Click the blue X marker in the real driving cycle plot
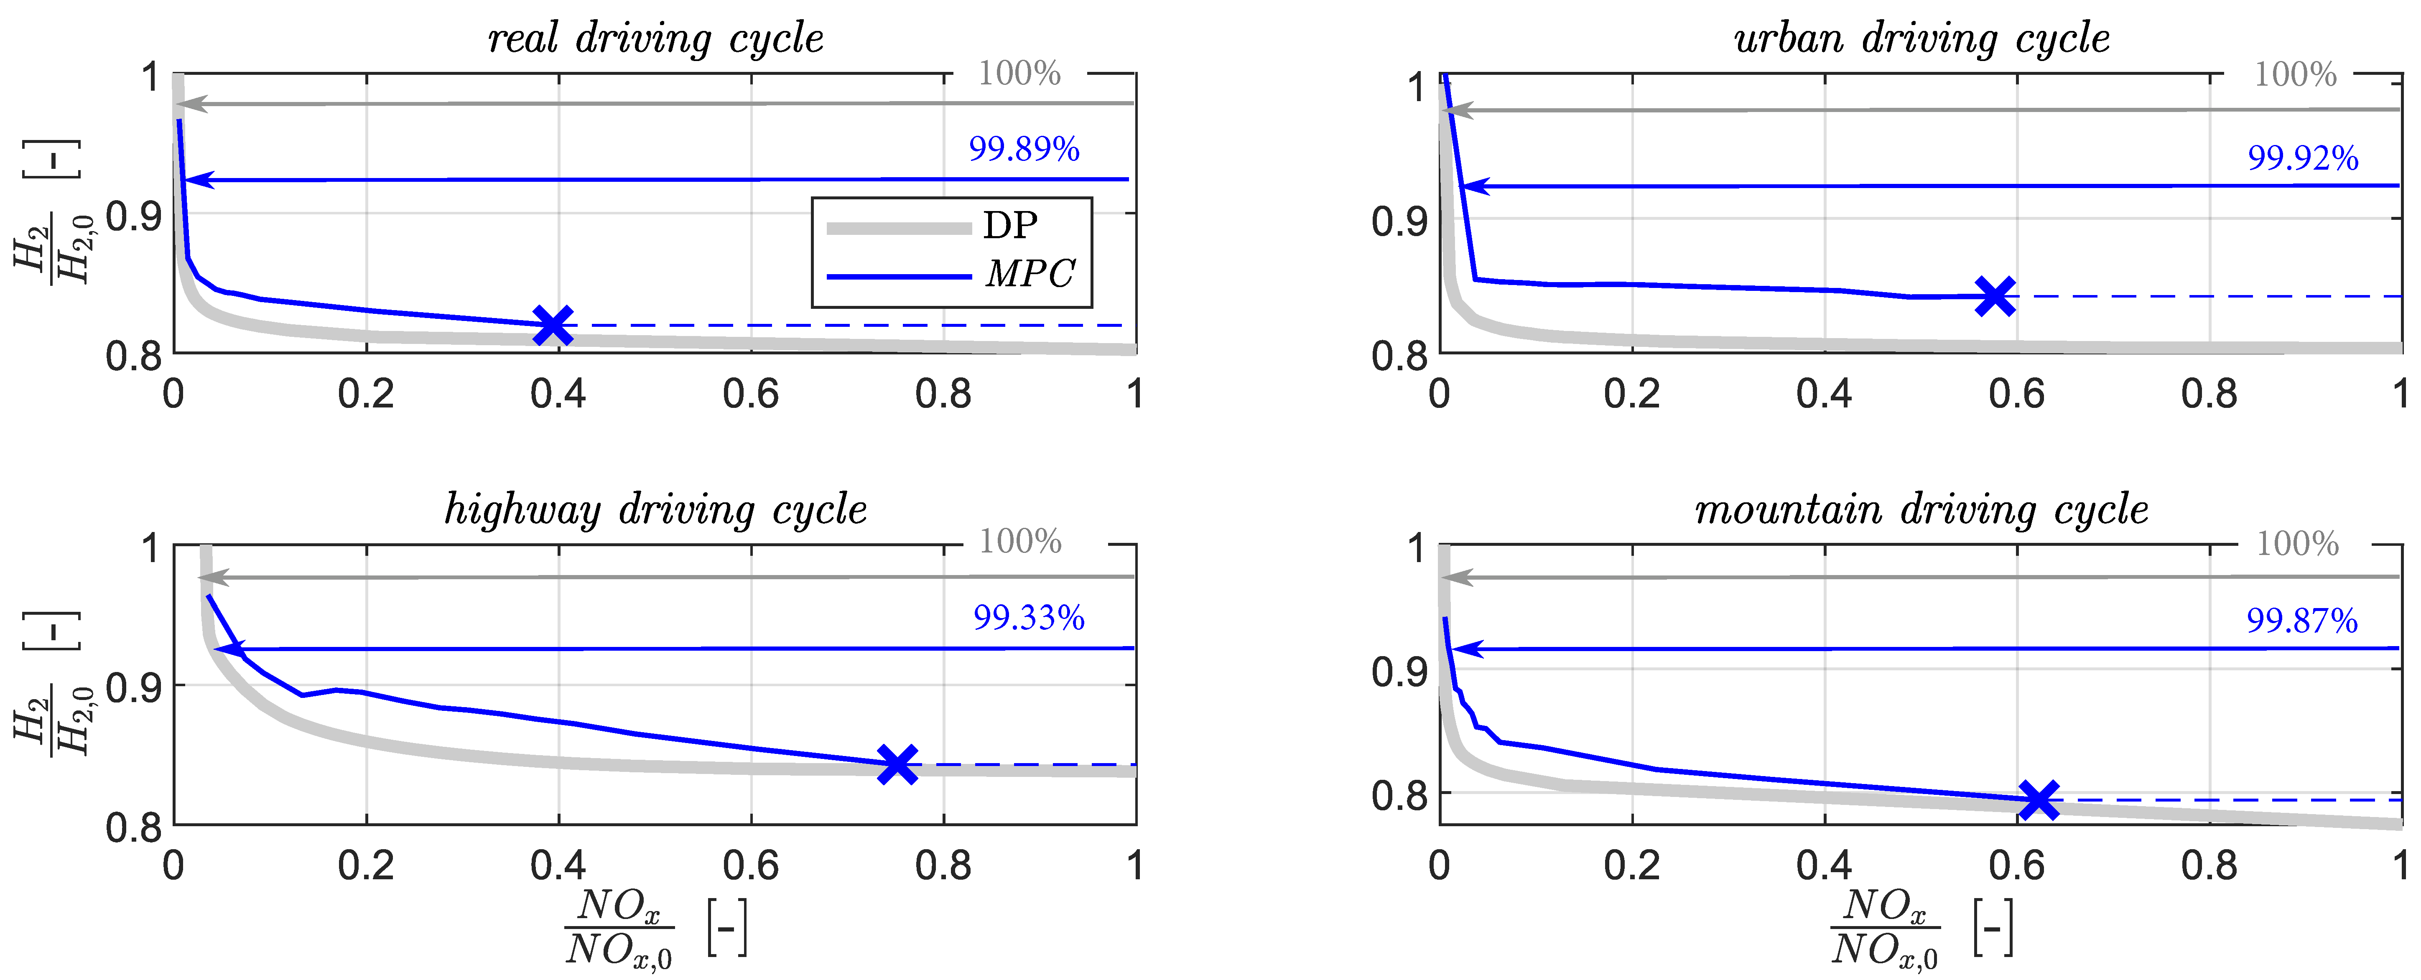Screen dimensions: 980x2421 click(553, 325)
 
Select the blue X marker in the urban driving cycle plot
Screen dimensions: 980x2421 click(1994, 296)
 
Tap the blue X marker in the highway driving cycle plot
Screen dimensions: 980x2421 click(897, 764)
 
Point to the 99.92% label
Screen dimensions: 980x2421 click(2303, 158)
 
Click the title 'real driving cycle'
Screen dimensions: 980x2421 click(655, 39)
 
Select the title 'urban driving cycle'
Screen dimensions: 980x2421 click(1921, 39)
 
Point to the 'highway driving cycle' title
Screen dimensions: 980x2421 click(655, 510)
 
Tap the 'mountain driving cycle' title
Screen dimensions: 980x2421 click(1921, 510)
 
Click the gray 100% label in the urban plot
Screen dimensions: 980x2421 click(2295, 74)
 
